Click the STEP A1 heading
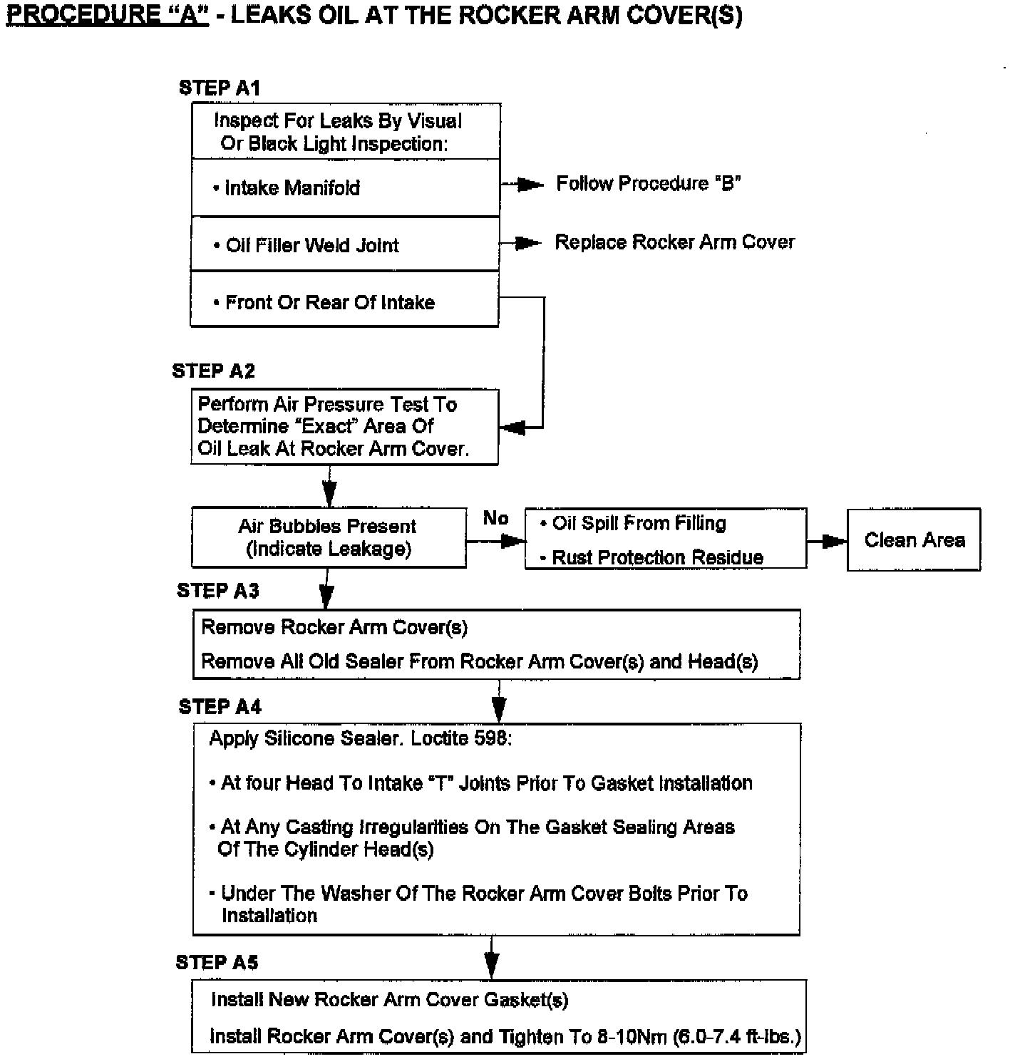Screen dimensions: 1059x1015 [x=220, y=88]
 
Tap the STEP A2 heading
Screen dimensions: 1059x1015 [x=213, y=371]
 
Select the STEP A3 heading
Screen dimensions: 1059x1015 [x=218, y=591]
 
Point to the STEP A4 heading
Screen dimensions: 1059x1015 [x=220, y=707]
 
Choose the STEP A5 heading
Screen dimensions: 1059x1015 [x=217, y=963]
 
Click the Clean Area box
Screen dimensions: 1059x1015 [x=914, y=540]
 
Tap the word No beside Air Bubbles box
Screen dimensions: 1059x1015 [x=495, y=518]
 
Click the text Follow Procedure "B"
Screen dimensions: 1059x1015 [x=648, y=184]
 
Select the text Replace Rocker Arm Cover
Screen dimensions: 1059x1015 [x=674, y=242]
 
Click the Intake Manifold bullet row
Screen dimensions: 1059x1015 [x=345, y=188]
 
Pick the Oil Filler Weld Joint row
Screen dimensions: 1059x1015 [x=345, y=245]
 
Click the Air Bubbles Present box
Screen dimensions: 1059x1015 [x=329, y=538]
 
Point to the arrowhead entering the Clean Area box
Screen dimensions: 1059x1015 [x=834, y=542]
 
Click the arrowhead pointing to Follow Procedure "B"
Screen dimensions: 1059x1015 [x=530, y=185]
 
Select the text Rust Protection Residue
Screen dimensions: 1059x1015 [x=657, y=557]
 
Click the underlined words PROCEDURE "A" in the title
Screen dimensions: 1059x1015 [x=108, y=16]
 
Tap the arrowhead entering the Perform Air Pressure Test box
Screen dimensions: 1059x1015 [x=513, y=428]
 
